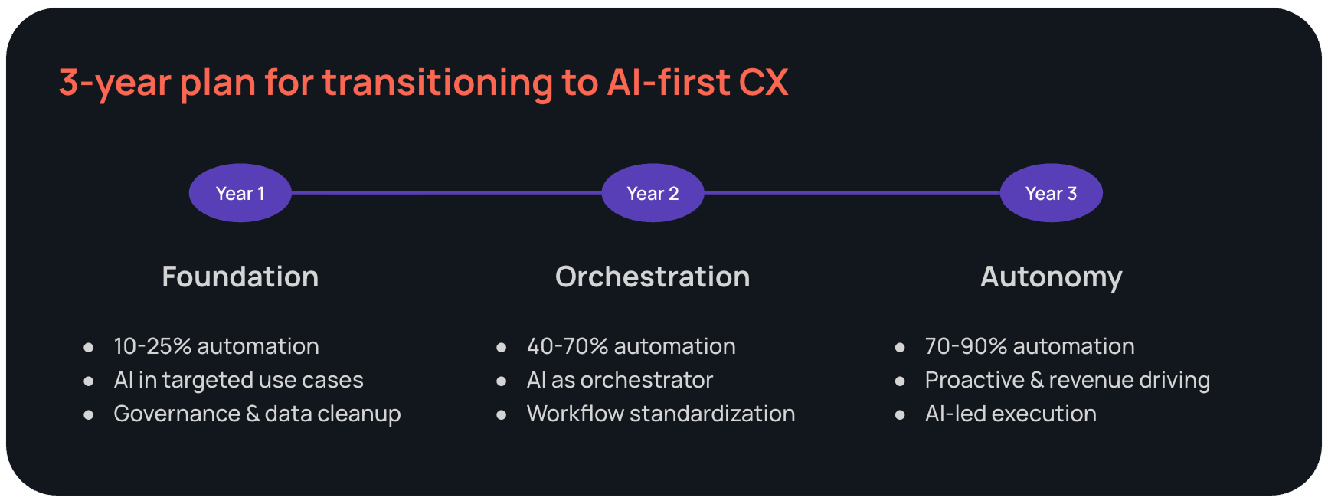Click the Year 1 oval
(x=240, y=193)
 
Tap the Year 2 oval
(x=653, y=193)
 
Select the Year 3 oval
(x=1051, y=193)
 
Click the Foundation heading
(x=240, y=277)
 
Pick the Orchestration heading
(x=653, y=277)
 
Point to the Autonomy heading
(x=1051, y=277)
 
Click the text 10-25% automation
(x=216, y=346)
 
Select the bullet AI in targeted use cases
(x=238, y=380)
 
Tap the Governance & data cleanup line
(x=257, y=414)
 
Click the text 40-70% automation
(x=631, y=346)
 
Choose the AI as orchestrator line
(x=620, y=380)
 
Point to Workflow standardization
(x=660, y=414)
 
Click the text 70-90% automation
(x=1029, y=346)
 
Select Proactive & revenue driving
(x=1067, y=380)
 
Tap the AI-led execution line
(x=1010, y=414)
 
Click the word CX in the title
(x=764, y=83)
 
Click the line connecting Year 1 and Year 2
(x=446, y=193)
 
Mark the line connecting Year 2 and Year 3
(x=852, y=193)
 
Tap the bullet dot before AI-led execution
(x=900, y=415)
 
